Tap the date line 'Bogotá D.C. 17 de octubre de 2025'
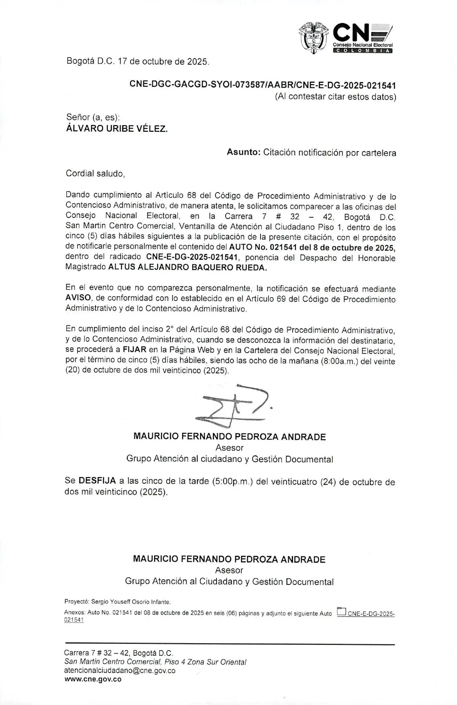[138, 61]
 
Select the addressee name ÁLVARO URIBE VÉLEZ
[117, 129]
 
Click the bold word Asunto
[243, 152]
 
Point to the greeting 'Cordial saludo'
[95, 173]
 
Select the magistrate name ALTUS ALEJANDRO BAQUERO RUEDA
[187, 268]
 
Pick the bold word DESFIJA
[97, 480]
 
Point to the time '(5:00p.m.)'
[232, 482]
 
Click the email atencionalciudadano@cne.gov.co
[120, 670]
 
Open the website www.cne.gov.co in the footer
[93, 679]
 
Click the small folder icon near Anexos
[341, 611]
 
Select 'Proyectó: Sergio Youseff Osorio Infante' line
[117, 602]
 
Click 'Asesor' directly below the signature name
[230, 448]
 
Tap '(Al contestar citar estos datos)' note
[335, 97]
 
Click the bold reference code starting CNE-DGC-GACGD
[263, 85]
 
